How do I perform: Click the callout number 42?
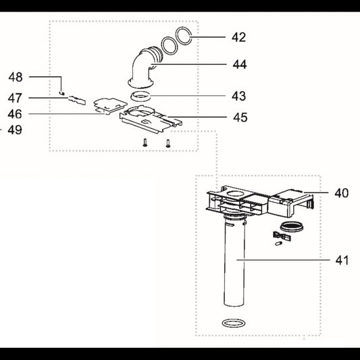[239, 37]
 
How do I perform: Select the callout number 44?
[240, 64]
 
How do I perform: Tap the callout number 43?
[239, 96]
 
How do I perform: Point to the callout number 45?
[240, 117]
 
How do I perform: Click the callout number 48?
[16, 77]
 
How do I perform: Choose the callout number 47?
[15, 98]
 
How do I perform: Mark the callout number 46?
[15, 114]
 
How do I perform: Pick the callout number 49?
[15, 130]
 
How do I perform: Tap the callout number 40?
[341, 193]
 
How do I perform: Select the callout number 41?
[342, 260]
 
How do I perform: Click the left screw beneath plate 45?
[145, 143]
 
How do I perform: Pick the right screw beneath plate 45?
[168, 143]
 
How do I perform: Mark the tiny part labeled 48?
[61, 93]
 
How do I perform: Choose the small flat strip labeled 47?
[77, 100]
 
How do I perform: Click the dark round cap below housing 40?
[292, 227]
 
